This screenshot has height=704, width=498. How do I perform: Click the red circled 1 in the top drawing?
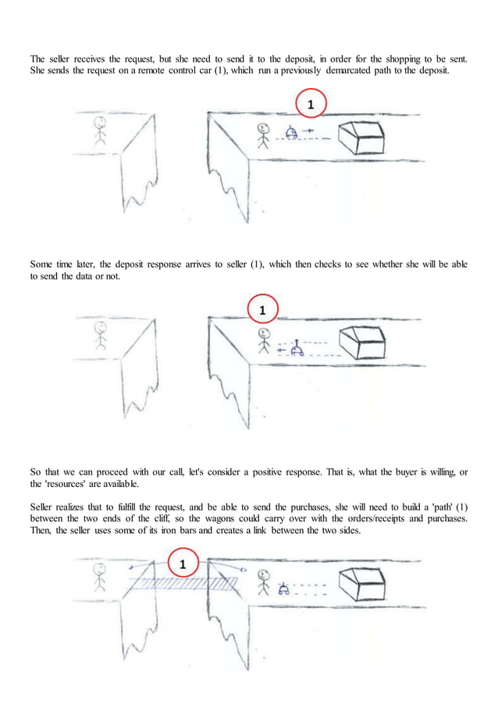311,104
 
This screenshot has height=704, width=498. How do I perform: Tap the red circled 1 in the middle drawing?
262,310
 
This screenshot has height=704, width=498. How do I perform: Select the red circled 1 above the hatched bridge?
183,564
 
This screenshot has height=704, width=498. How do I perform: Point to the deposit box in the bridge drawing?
364,585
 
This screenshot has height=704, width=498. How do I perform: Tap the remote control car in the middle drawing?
297,350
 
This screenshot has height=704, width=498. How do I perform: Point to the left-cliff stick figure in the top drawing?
99,130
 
